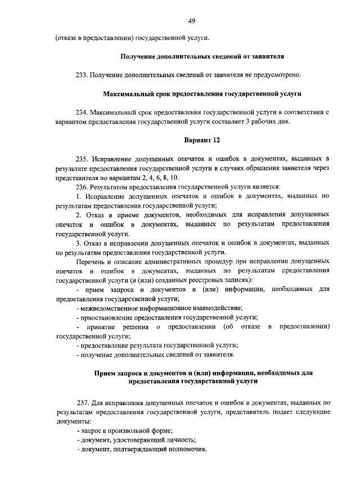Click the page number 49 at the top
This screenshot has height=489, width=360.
coord(191,21)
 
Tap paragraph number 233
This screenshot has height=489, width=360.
coord(83,75)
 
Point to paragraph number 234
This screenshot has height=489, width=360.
coord(83,112)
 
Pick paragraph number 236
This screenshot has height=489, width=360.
coord(83,186)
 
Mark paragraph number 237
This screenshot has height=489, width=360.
coord(83,403)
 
